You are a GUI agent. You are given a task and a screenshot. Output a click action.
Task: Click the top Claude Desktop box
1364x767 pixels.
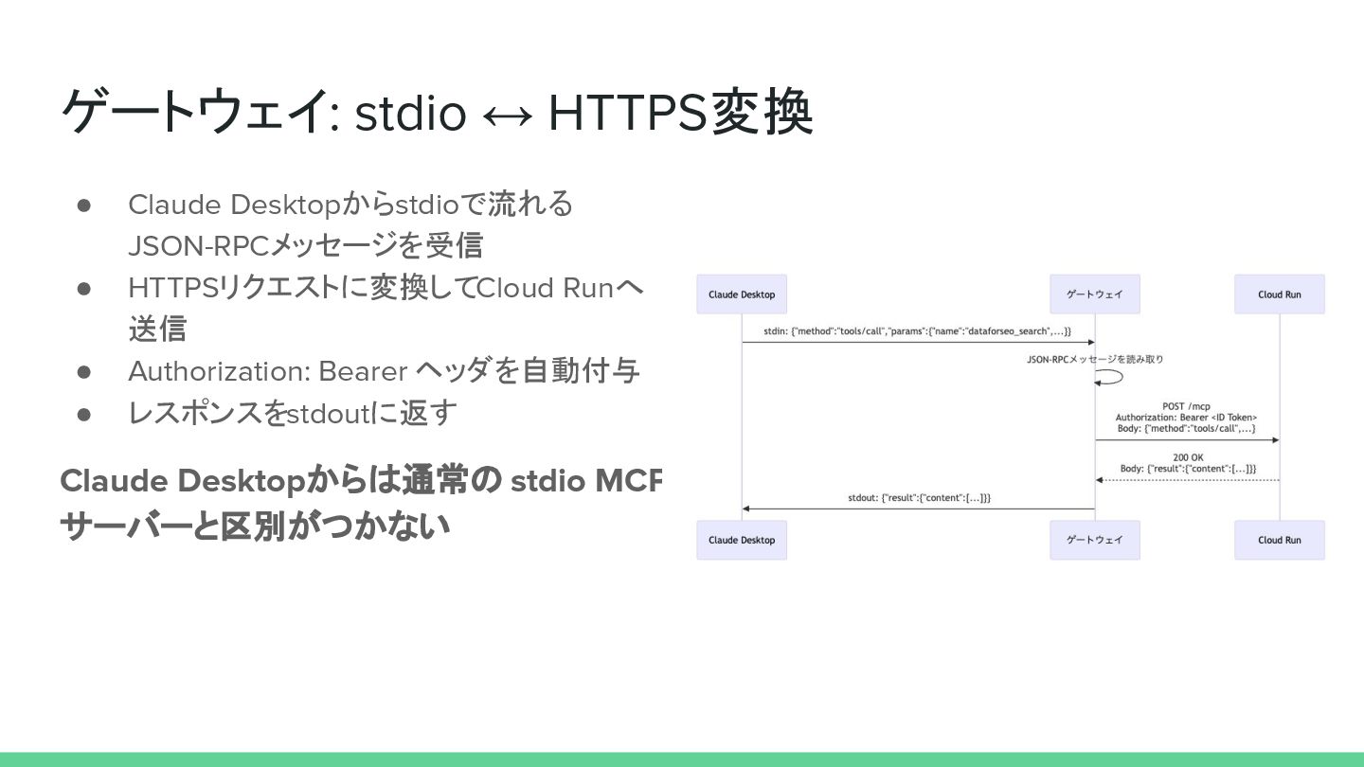[x=742, y=294]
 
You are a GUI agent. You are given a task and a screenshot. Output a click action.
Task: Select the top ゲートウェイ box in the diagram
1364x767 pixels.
[x=1095, y=294]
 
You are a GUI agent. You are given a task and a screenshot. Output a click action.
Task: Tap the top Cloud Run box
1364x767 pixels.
[x=1279, y=294]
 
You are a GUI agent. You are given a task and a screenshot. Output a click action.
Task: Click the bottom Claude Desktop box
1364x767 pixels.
[x=742, y=540]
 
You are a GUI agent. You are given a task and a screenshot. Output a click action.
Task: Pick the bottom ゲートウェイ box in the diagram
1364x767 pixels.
[x=1095, y=540]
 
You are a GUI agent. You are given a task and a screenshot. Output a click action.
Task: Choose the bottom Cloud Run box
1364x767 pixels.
[x=1279, y=540]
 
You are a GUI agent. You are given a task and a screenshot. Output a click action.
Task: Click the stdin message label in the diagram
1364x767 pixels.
[x=917, y=331]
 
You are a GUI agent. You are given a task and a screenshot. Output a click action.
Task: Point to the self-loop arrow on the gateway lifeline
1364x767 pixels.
[x=1110, y=377]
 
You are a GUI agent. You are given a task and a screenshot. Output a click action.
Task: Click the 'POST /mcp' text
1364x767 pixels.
[x=1186, y=406]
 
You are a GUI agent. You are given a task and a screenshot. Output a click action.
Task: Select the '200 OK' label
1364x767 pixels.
[x=1188, y=457]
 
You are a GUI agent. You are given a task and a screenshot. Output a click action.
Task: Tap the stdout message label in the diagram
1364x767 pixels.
[x=919, y=497]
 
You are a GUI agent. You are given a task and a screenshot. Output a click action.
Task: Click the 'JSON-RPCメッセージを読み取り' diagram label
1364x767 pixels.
[x=1095, y=360]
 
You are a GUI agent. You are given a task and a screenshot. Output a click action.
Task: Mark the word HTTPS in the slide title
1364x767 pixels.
[x=627, y=114]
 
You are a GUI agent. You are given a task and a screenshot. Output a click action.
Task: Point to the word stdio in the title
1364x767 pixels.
[x=410, y=114]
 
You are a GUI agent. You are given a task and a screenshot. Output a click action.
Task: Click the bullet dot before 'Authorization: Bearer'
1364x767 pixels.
[x=83, y=372]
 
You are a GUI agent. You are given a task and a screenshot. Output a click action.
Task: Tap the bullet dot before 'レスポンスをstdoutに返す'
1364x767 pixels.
[x=83, y=414]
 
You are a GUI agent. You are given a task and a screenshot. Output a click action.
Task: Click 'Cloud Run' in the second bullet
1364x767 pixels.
[x=545, y=288]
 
